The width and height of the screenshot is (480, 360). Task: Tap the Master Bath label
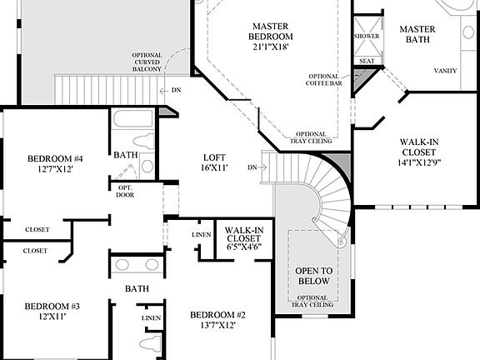pos(417,35)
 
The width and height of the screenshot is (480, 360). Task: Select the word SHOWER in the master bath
pos(367,37)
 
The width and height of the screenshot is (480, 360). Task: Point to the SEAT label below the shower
pos(365,61)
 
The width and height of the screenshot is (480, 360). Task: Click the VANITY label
pos(444,71)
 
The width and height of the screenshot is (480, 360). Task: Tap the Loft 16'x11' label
pos(214,162)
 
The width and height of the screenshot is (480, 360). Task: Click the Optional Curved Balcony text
pos(147,62)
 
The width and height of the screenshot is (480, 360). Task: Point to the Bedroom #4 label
pos(55,164)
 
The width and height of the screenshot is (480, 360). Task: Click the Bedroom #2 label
pos(217,319)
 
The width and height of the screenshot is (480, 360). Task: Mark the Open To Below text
pos(312,277)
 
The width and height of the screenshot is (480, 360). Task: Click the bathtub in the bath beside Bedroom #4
pos(133,118)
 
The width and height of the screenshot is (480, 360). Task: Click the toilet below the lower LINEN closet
pos(151,343)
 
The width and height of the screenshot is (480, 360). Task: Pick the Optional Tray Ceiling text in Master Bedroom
pos(311,137)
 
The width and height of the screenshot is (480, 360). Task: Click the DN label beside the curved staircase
pos(252,167)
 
